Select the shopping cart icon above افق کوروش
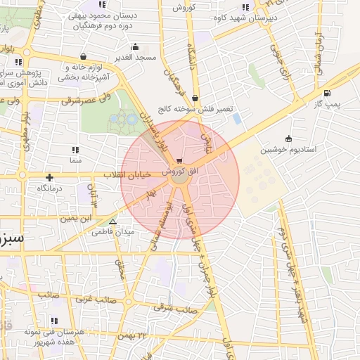tap(181, 160)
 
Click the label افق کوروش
tap(181, 171)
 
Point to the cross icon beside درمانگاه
tap(49, 177)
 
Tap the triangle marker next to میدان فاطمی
tap(112, 221)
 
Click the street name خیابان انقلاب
tap(127, 174)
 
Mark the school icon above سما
tap(75, 149)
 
